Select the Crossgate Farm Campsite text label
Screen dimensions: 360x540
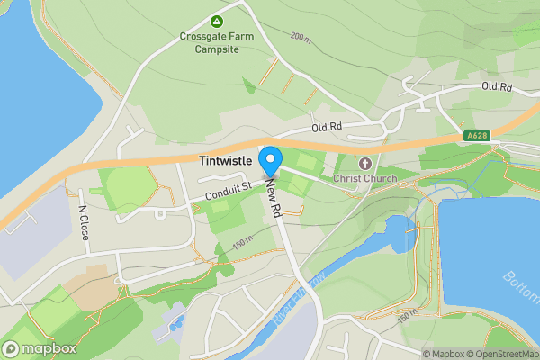[215, 42]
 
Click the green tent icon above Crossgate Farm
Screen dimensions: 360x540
[216, 21]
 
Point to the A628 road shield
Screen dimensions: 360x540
[478, 135]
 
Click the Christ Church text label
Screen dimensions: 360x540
[364, 178]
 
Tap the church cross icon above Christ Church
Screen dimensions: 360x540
[364, 163]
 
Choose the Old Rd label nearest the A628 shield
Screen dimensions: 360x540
[496, 86]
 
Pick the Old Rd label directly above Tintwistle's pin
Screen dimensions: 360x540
[328, 128]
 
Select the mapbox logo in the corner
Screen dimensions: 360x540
[40, 348]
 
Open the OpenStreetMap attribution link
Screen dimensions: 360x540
[500, 354]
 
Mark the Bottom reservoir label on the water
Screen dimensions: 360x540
[519, 287]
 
